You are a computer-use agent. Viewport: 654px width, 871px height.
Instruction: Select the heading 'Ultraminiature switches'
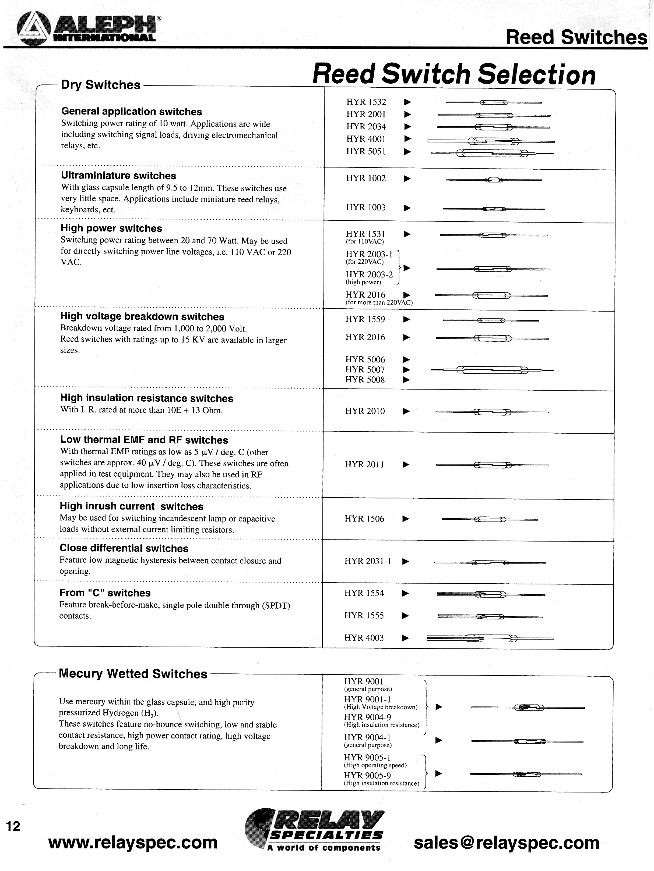(118, 176)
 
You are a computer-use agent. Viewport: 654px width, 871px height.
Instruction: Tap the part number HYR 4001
(366, 139)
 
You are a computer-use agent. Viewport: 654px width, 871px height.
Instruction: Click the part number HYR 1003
(365, 208)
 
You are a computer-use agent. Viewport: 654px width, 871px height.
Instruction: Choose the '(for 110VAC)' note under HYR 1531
(365, 242)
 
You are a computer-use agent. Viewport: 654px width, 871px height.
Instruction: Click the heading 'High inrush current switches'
(131, 506)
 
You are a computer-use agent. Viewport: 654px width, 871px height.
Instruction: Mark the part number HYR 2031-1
(367, 561)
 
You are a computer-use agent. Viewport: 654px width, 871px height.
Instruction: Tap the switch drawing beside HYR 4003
(490, 638)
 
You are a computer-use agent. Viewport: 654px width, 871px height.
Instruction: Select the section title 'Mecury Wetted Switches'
(133, 674)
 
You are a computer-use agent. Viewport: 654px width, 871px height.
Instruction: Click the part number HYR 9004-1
(367, 737)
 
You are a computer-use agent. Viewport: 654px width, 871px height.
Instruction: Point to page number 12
(13, 826)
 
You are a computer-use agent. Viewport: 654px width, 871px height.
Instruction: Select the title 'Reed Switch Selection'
(454, 74)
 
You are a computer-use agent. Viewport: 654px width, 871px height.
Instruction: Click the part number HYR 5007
(365, 370)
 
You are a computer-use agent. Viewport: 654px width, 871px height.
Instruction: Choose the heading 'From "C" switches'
(105, 593)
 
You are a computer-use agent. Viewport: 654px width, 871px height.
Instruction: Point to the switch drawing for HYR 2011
(492, 465)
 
